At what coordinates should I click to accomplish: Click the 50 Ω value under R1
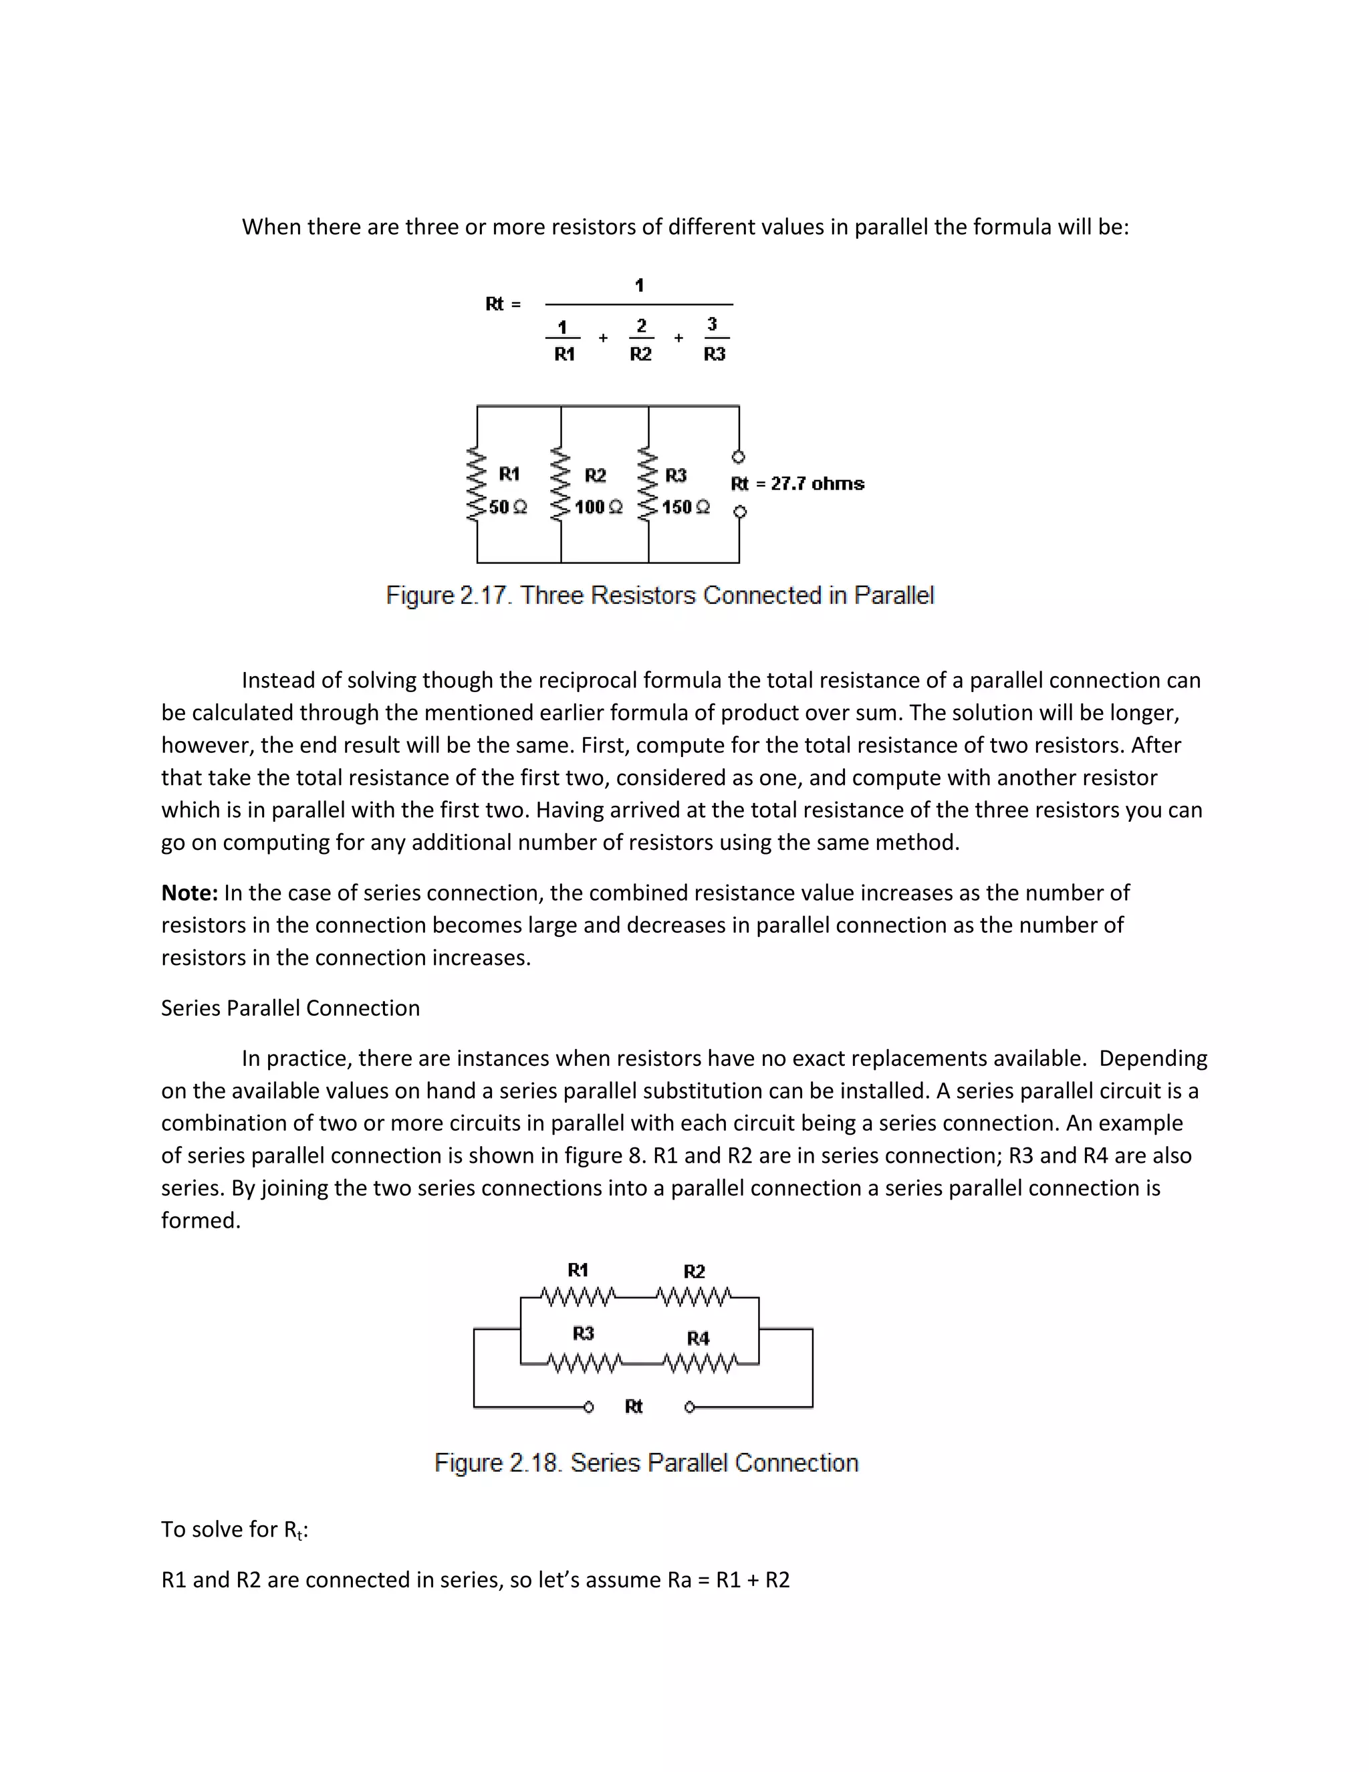point(508,507)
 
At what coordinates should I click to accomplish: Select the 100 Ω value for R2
point(598,507)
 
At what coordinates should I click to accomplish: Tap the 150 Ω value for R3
point(685,507)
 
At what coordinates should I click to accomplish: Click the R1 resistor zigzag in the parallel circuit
point(475,483)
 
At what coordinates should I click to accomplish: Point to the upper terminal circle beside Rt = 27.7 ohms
point(739,457)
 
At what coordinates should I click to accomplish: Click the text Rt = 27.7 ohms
point(797,483)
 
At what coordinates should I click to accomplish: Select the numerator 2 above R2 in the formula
point(642,326)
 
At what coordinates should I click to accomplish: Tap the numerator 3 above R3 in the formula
point(712,324)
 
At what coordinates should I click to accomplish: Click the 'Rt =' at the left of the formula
point(503,304)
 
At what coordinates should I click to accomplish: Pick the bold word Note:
point(189,893)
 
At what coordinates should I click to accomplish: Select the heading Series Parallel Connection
point(290,1008)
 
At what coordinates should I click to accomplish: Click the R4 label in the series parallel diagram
point(697,1338)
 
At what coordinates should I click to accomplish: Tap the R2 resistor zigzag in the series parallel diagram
point(695,1297)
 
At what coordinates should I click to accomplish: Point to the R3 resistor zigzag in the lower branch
point(584,1364)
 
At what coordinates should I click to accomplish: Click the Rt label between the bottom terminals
point(634,1406)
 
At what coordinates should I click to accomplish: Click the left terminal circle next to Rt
point(589,1407)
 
